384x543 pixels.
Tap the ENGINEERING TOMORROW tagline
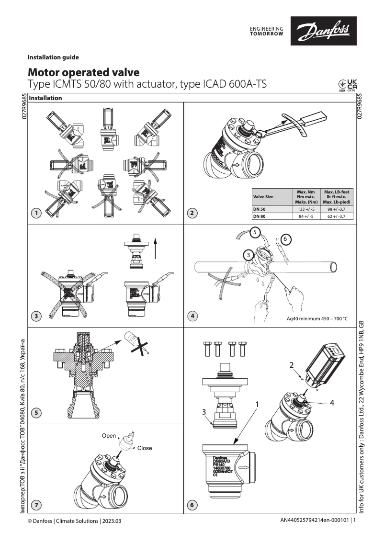point(267,32)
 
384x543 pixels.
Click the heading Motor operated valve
point(84,72)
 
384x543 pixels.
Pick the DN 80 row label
point(260,216)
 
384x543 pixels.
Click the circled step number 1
point(36,214)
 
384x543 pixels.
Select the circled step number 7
point(36,504)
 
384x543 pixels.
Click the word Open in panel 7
point(109,436)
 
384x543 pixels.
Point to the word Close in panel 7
point(145,449)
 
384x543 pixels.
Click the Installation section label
point(45,98)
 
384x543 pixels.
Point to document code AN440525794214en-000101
point(316,520)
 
